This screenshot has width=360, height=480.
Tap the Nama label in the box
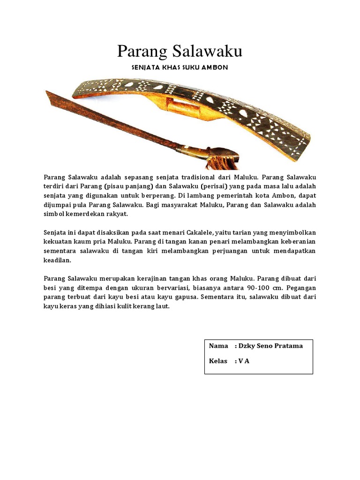click(x=218, y=346)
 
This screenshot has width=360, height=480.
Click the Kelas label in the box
click(x=218, y=361)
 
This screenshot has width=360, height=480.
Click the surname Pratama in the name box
click(x=287, y=346)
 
